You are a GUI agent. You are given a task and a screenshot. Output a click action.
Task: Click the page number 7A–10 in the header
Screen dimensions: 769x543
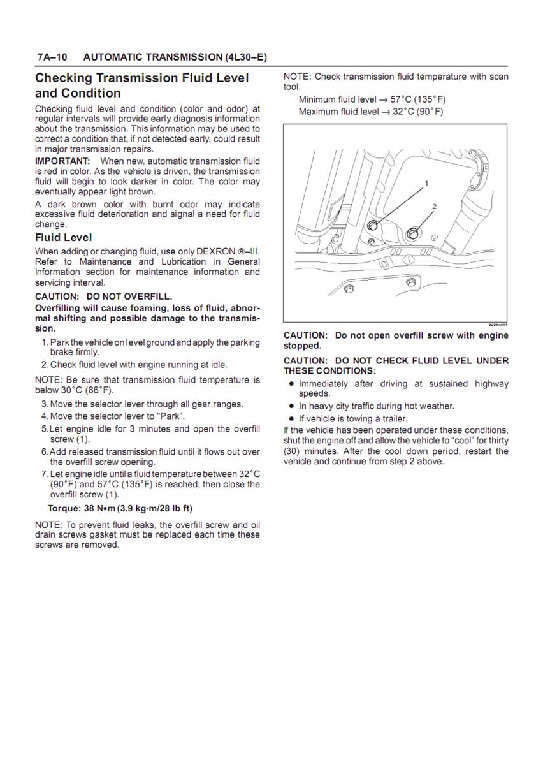click(52, 57)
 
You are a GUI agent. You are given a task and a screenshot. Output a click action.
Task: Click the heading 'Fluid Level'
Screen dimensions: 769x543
click(63, 237)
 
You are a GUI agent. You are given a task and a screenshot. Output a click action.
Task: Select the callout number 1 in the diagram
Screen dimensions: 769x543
click(426, 184)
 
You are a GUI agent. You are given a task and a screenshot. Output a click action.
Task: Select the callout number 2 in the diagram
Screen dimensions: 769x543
click(434, 206)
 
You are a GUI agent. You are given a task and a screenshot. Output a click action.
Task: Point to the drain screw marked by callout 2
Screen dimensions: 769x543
click(412, 233)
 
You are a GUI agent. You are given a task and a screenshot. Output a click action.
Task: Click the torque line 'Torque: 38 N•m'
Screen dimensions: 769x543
click(120, 508)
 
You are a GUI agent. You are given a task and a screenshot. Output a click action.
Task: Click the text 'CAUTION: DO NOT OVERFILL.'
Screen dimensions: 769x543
click(103, 297)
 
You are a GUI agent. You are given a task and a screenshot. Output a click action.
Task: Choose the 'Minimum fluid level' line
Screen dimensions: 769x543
click(372, 99)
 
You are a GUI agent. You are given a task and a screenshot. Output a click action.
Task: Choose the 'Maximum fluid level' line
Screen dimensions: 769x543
click(371, 112)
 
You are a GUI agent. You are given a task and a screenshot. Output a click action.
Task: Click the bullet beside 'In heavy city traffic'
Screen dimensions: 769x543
click(291, 406)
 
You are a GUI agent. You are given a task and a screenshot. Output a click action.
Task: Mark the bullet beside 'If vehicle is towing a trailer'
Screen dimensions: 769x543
click(291, 419)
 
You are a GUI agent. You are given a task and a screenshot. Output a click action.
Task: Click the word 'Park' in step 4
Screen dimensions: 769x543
click(172, 416)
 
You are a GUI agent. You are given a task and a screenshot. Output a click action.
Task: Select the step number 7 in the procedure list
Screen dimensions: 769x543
click(44, 474)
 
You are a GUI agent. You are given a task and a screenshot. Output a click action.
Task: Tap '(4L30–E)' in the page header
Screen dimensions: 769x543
click(246, 57)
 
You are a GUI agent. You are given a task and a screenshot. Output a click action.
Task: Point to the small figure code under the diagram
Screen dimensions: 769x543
click(498, 325)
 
